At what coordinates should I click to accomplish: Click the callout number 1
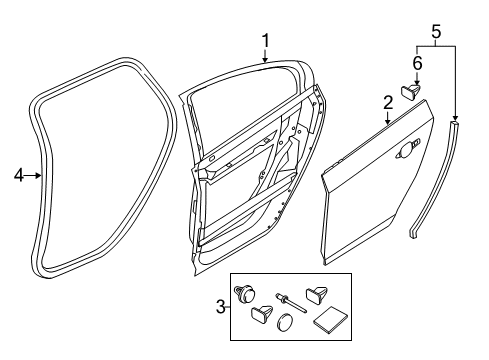265,41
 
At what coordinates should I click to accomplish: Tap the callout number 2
388,103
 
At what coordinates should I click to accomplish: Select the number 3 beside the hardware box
221,307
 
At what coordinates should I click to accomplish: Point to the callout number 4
19,175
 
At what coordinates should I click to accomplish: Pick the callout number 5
436,32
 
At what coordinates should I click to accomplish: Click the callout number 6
417,63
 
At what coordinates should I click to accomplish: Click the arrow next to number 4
33,175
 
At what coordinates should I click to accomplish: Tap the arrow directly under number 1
265,56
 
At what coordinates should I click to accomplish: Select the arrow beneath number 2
388,118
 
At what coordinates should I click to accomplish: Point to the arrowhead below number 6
417,82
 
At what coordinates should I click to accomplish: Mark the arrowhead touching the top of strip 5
455,118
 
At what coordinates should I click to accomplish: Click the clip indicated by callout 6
411,91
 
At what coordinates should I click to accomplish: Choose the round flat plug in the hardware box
284,322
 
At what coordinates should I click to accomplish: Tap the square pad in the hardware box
330,320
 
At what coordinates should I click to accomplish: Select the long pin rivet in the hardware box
290,303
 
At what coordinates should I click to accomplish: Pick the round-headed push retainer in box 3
245,294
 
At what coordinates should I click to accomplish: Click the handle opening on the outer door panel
406,150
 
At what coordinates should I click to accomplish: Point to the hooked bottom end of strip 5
414,232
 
